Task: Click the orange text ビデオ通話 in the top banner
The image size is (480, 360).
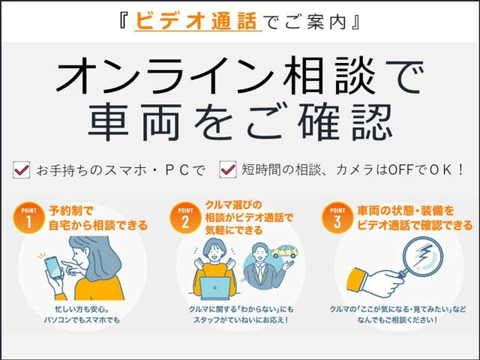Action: [x=198, y=22]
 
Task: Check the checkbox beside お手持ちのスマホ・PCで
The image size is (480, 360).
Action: [x=22, y=169]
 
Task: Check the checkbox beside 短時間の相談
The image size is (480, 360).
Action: [x=227, y=169]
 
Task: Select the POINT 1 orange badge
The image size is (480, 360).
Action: [x=28, y=217]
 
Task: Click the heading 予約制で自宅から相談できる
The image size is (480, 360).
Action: [x=98, y=217]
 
